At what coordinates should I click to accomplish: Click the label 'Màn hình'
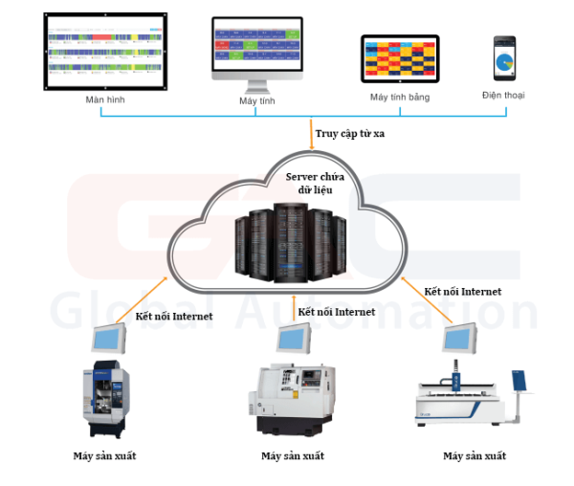pyautogui.click(x=105, y=99)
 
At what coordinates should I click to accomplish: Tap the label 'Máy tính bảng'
pyautogui.click(x=399, y=98)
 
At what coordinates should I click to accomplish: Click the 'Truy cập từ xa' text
pyautogui.click(x=351, y=133)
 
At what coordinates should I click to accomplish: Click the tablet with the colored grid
pyautogui.click(x=399, y=60)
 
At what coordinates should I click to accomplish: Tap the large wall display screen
pyautogui.click(x=105, y=51)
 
